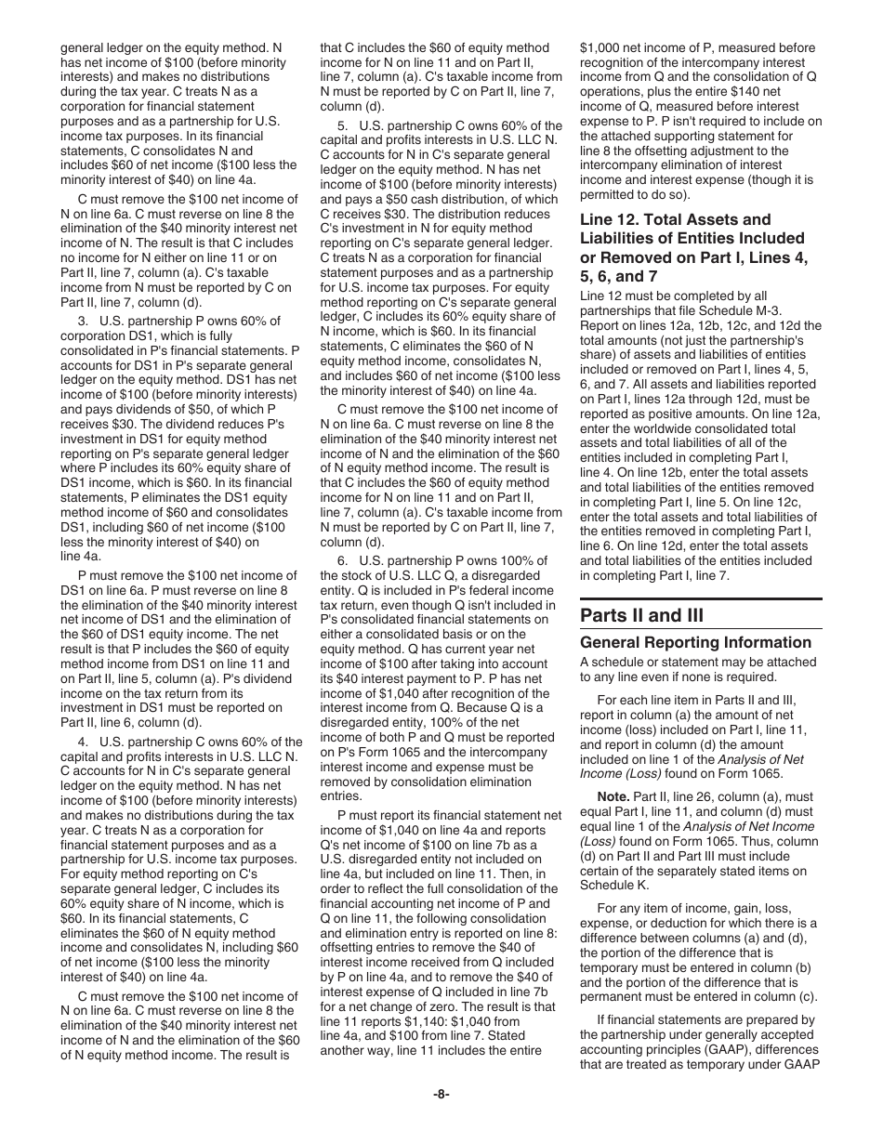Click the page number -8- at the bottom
click(441, 1094)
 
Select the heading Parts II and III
click(641, 615)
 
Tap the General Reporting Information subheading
click(695, 642)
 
